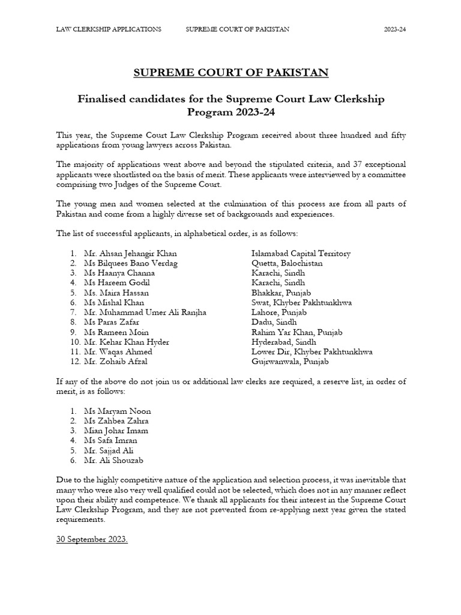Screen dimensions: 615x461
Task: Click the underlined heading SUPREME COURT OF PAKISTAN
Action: [x=230, y=73]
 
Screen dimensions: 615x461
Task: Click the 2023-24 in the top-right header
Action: [x=395, y=29]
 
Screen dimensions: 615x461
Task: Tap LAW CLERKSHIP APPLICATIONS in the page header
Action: [x=109, y=29]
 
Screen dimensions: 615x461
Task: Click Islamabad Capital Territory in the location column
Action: [x=301, y=253]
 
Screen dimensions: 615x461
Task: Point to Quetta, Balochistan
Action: [x=287, y=263]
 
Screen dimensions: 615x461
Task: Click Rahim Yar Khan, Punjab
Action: [x=297, y=332]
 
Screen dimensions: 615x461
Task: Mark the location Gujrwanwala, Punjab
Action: [x=291, y=362]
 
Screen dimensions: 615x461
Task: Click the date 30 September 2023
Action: [x=92, y=539]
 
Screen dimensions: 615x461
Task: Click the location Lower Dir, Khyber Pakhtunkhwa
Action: [x=312, y=352]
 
